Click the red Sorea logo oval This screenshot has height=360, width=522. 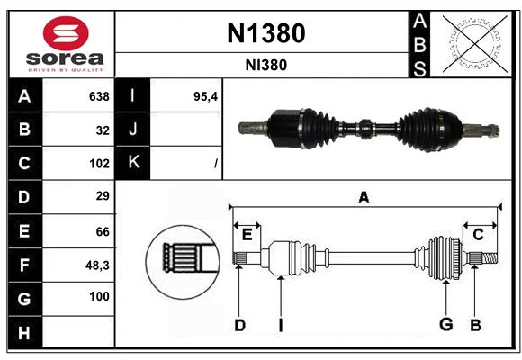66,33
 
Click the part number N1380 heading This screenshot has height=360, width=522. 266,33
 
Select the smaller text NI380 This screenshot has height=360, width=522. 266,66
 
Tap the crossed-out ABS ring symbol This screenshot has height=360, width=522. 475,44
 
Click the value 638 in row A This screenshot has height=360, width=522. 99,96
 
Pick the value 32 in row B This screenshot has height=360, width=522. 103,130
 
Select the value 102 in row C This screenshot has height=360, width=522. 99,164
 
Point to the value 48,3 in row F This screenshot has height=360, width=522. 97,265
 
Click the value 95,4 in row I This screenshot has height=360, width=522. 205,97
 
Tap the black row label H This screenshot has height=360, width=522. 24,333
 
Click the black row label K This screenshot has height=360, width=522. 133,162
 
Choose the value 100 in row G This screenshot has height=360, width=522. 99,296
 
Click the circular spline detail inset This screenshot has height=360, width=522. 183,262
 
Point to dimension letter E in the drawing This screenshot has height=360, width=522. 247,235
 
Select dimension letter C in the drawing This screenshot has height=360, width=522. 478,235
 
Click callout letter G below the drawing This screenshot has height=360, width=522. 446,324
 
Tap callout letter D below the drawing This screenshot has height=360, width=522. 239,325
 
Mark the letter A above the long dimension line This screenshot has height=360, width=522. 364,198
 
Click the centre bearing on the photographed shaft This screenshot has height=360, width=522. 365,129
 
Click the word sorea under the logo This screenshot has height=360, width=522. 65,58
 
